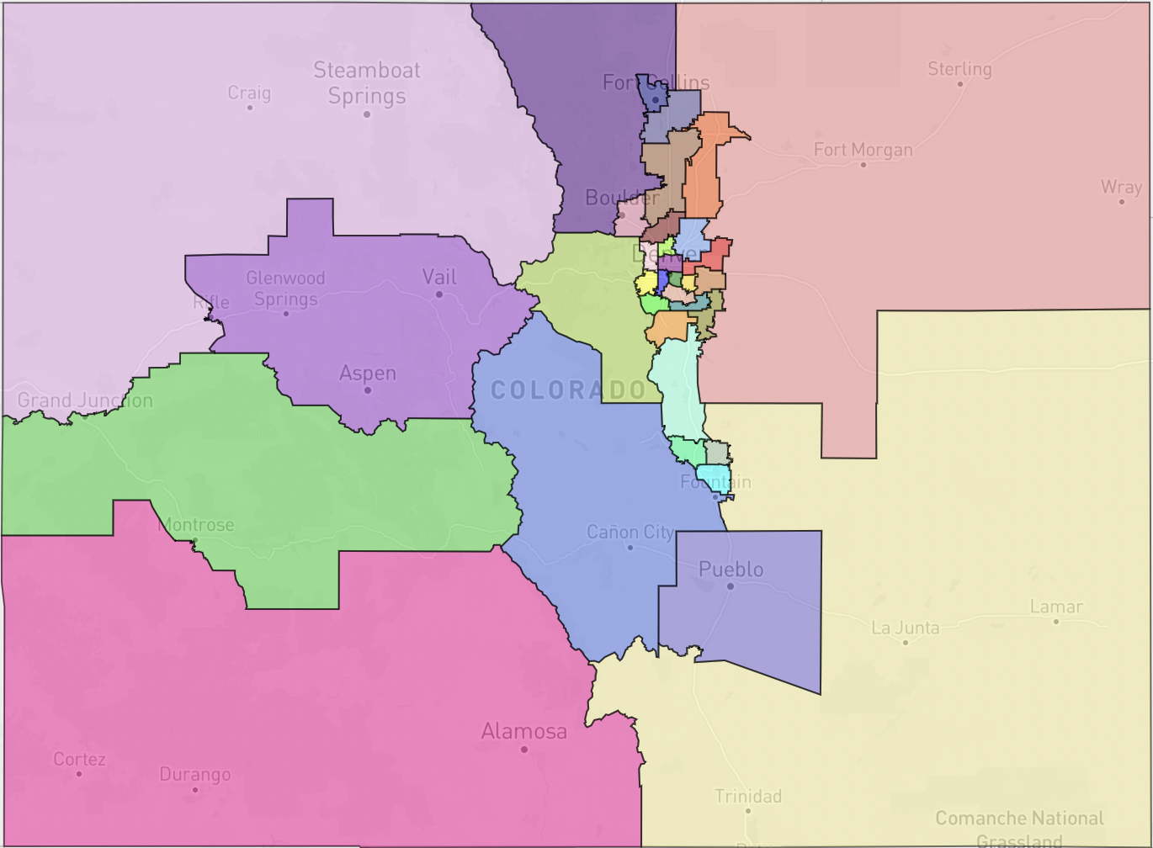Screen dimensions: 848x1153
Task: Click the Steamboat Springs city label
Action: click(367, 82)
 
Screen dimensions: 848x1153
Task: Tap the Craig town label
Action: click(249, 93)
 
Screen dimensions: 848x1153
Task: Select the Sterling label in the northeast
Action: click(959, 69)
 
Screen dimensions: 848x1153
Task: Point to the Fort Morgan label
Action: click(863, 150)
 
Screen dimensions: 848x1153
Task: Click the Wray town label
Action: click(1121, 187)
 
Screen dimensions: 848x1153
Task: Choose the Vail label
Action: click(439, 277)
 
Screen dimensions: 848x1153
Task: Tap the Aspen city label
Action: click(367, 373)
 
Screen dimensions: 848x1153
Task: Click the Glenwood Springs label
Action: click(285, 288)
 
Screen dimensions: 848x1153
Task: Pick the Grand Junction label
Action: click(85, 400)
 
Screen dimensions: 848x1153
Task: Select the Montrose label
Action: click(196, 525)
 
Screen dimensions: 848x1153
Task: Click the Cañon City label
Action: click(630, 532)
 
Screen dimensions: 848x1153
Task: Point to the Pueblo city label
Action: click(731, 570)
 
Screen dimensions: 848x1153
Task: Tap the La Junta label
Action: click(905, 628)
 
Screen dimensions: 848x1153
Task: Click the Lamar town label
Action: click(1056, 607)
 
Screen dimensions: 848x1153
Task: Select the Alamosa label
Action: click(523, 731)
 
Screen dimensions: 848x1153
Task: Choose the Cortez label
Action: click(79, 760)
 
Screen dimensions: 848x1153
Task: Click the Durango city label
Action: click(195, 774)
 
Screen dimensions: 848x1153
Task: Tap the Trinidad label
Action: click(747, 796)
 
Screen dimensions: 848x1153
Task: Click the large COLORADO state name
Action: click(569, 390)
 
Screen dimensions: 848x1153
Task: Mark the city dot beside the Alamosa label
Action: click(524, 749)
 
